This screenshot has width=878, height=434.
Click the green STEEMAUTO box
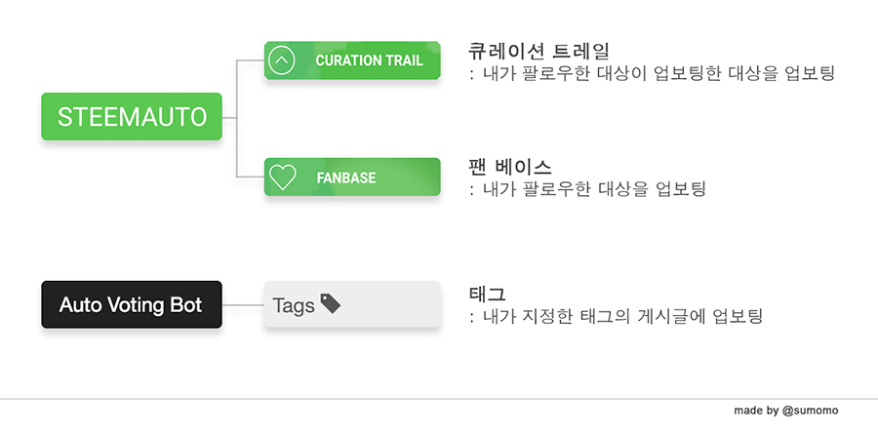(132, 116)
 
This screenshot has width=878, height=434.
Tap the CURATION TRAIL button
(352, 60)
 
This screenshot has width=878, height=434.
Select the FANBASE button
(352, 177)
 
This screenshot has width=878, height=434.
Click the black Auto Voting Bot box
(132, 304)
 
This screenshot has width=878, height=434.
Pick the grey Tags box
(352, 304)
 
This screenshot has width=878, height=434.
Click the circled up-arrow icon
(282, 60)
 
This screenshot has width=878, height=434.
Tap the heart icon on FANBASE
(283, 177)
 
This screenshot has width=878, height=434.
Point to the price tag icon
(331, 303)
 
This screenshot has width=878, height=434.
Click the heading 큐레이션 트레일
(539, 51)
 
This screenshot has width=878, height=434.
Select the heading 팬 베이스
(509, 167)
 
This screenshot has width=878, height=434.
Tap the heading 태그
(487, 294)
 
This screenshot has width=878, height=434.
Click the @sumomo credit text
(811, 411)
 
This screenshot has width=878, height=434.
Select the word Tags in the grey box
(294, 306)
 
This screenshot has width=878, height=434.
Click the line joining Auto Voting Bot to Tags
(243, 305)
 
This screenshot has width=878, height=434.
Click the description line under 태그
(616, 316)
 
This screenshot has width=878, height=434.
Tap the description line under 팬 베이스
(587, 189)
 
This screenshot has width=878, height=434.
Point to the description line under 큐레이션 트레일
(653, 73)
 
